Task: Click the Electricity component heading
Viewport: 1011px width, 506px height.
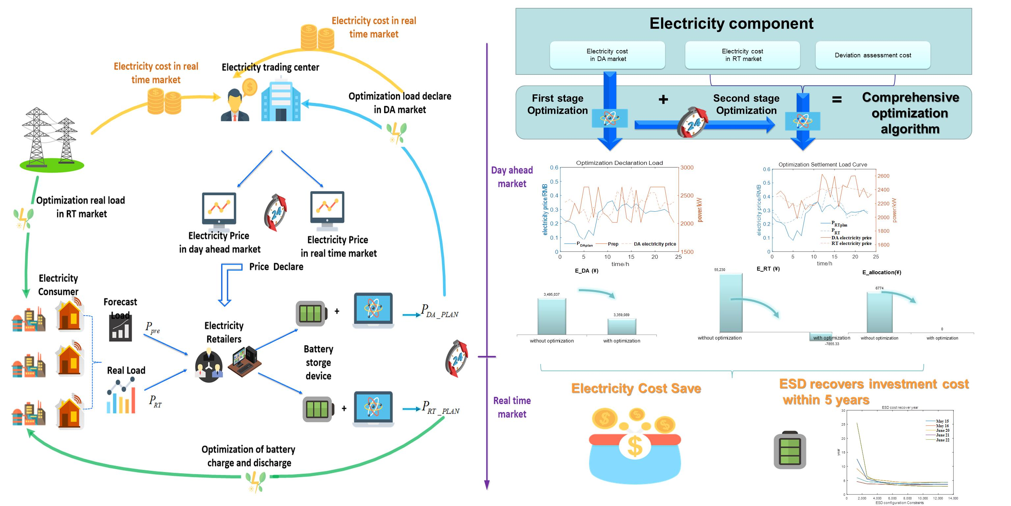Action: (731, 24)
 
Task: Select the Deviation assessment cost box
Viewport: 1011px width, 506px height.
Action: (872, 55)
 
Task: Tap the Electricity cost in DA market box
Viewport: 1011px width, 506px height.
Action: (607, 55)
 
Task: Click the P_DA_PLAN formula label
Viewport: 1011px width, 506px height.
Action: (439, 311)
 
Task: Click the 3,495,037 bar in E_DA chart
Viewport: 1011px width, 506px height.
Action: (551, 316)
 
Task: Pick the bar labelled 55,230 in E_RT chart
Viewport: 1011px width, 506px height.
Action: (731, 303)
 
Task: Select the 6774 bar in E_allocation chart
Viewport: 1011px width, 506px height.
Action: (879, 312)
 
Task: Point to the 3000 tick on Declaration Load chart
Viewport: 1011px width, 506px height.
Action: (686, 168)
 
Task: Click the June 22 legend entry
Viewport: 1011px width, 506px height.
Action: (942, 440)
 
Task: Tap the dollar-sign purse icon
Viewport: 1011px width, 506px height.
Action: (635, 448)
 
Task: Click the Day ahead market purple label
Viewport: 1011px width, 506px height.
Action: (512, 177)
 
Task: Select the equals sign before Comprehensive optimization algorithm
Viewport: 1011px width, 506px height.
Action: (837, 100)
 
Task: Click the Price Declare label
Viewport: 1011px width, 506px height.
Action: (276, 267)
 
